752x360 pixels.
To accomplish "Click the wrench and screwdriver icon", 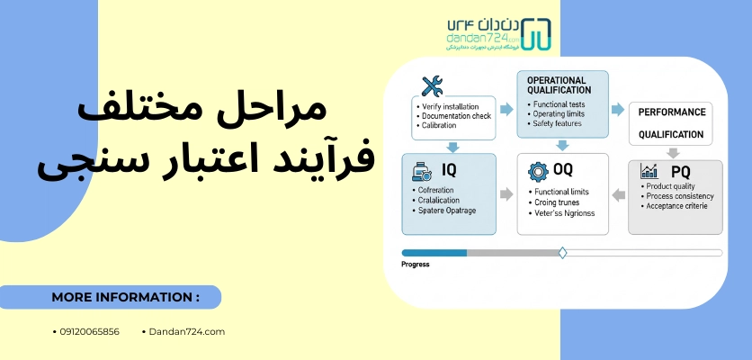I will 433,86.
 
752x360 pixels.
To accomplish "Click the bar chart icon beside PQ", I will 649,170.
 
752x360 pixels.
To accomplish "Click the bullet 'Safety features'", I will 558,123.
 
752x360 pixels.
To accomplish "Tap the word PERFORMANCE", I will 670,112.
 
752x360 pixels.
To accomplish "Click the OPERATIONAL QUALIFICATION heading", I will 558,85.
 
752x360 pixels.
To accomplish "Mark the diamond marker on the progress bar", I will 563,253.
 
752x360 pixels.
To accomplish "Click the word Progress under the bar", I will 416,265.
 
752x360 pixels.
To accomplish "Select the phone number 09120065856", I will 88,331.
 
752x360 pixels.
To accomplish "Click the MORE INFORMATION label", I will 125,297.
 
